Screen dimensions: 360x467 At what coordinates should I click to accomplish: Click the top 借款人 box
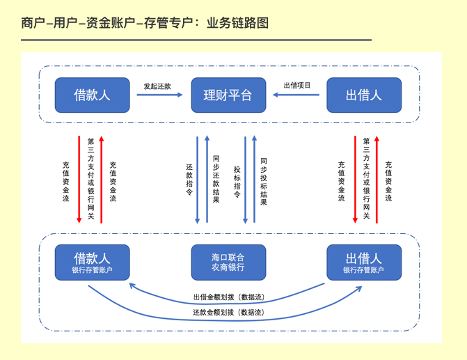pos(92,95)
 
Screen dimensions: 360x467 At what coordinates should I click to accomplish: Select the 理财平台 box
pos(228,95)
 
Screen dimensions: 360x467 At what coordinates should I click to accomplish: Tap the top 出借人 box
pos(364,95)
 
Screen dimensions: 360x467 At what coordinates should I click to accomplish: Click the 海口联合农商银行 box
pos(228,263)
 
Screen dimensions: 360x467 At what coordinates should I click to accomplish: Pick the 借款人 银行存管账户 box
pos(92,263)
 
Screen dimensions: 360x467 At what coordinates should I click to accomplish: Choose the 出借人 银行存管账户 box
pos(364,263)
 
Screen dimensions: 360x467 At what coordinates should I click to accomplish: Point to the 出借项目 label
pos(297,85)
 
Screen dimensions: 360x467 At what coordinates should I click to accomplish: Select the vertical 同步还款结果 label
pos(216,180)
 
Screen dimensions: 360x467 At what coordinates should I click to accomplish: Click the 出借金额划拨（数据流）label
pos(228,297)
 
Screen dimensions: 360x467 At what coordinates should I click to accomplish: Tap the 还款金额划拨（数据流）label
pos(228,313)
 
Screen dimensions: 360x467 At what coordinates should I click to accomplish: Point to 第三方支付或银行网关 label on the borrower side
pos(90,179)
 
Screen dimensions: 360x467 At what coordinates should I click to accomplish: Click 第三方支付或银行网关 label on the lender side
pos(366,179)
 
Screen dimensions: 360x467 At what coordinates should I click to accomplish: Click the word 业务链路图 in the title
pos(237,24)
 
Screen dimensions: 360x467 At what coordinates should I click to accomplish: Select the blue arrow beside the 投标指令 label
pos(245,180)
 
